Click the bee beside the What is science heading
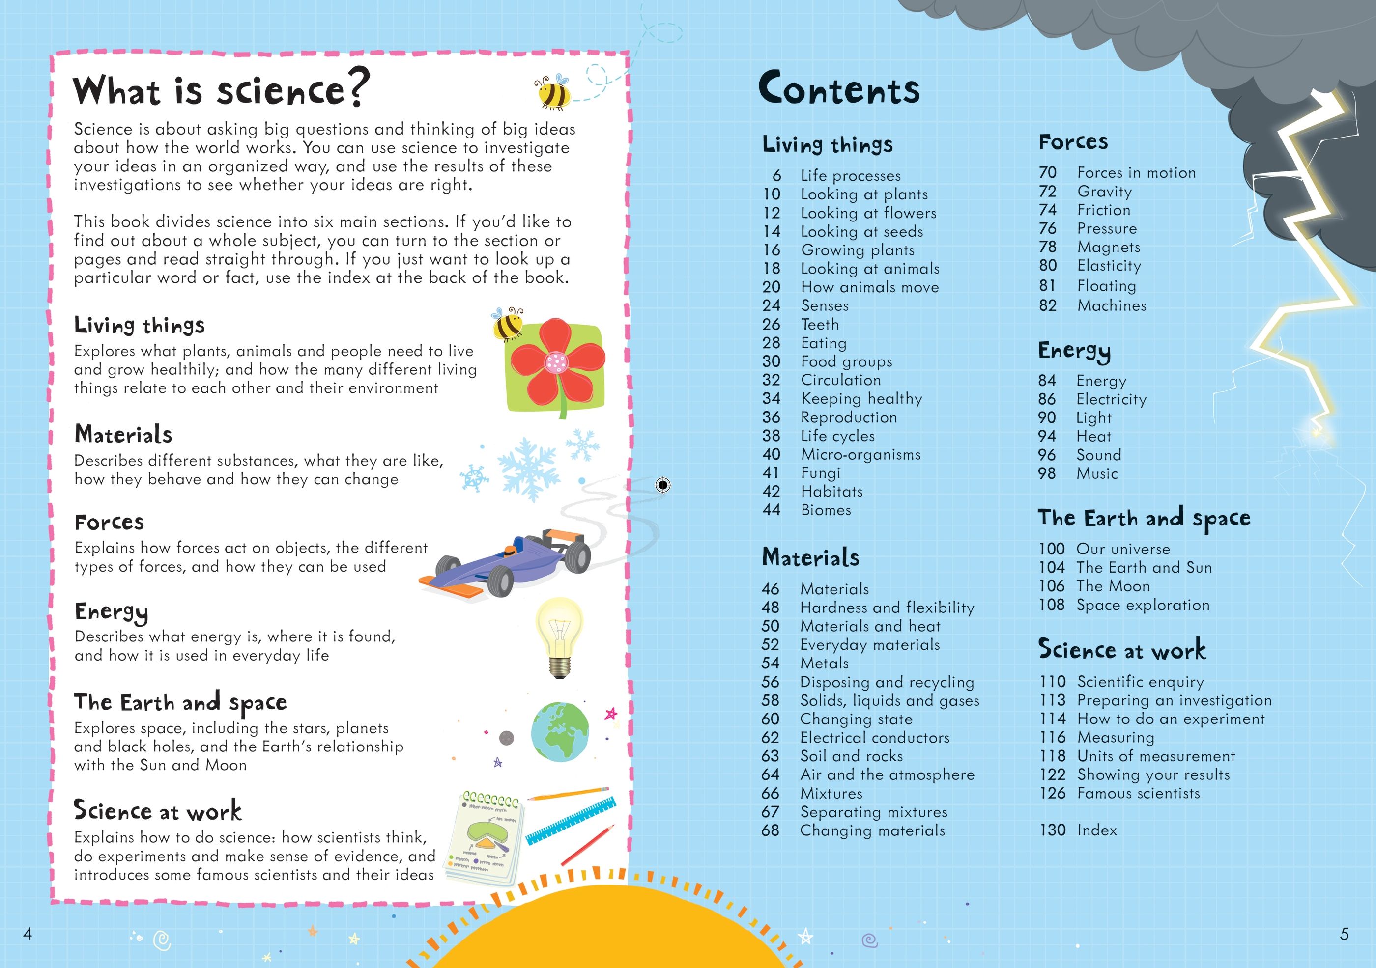(552, 92)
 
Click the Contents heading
(838, 89)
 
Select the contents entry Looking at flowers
(868, 213)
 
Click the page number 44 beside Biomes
(772, 510)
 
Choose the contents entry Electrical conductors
(874, 737)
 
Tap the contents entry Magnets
(1108, 247)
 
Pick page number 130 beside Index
(1052, 830)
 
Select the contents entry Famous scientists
(1138, 793)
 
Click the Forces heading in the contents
(1073, 142)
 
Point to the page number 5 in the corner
(1344, 934)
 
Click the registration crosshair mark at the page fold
(663, 485)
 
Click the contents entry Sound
(1098, 455)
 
